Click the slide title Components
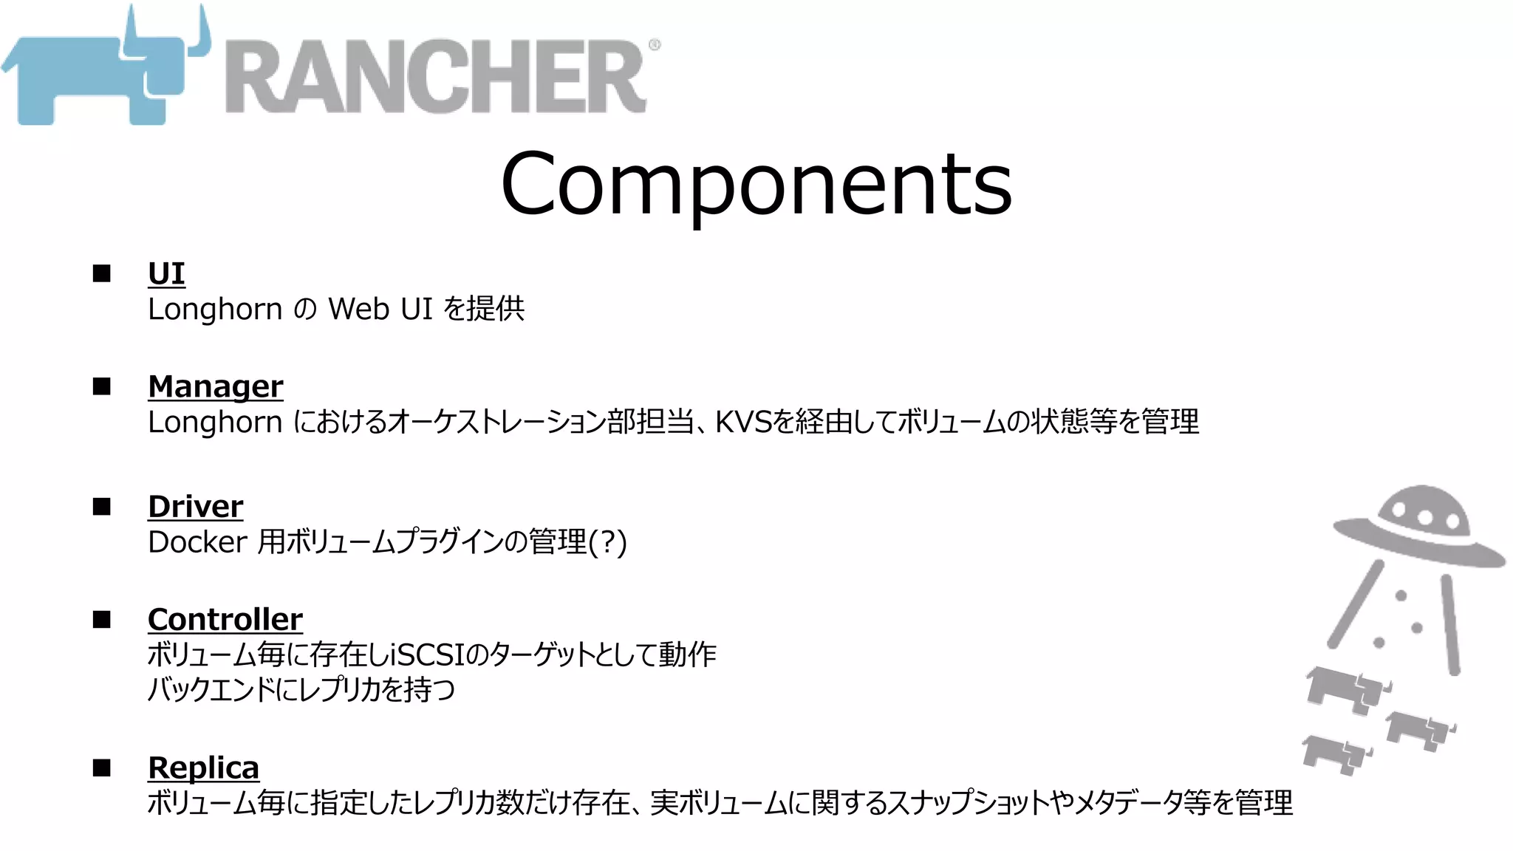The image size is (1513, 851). tap(756, 182)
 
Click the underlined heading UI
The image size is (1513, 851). tap(166, 273)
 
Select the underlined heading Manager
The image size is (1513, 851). tap(215, 386)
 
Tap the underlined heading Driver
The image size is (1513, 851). tap(195, 507)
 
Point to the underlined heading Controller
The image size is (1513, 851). tap(225, 619)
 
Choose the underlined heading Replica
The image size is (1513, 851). tap(203, 768)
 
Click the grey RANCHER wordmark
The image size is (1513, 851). tap(436, 77)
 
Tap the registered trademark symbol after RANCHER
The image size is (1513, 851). tap(655, 45)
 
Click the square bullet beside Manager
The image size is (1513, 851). tap(102, 386)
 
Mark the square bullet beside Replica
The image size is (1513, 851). tap(102, 768)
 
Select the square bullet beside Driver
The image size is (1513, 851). tap(102, 507)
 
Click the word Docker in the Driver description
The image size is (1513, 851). tap(197, 542)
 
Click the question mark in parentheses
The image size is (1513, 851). tap(608, 542)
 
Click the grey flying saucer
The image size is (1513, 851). tap(1418, 529)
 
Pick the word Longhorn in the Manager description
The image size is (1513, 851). tap(214, 422)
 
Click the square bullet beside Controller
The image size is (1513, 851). tap(102, 619)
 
